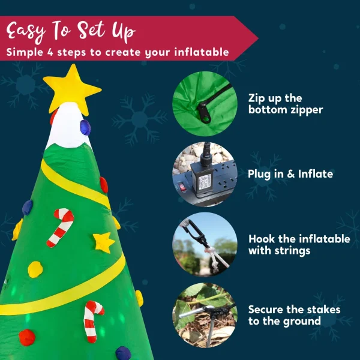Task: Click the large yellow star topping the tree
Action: [x=72, y=89]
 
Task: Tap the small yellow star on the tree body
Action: [x=104, y=242]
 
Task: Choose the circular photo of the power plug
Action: [x=203, y=174]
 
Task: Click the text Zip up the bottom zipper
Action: [x=285, y=103]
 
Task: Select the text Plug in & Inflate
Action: [x=290, y=174]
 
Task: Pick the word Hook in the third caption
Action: [x=262, y=239]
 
